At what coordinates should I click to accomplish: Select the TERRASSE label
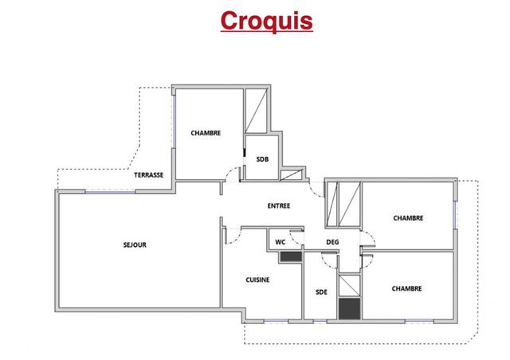[x=148, y=175]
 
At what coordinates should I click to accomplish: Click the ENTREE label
[x=278, y=205]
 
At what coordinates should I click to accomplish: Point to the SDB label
[x=262, y=159]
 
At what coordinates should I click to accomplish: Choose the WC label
[x=280, y=241]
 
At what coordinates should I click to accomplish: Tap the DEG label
[x=333, y=242]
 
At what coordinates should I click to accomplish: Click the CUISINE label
[x=257, y=280]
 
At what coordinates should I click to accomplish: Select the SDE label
[x=322, y=292]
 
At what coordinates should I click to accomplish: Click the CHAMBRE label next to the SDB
[x=205, y=133]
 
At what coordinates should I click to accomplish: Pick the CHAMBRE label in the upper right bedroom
[x=407, y=217]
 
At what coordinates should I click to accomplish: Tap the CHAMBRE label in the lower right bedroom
[x=406, y=288]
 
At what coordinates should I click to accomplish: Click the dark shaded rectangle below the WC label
[x=289, y=256]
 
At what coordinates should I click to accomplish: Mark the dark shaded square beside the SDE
[x=349, y=308]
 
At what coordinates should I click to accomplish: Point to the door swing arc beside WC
[x=296, y=239]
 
